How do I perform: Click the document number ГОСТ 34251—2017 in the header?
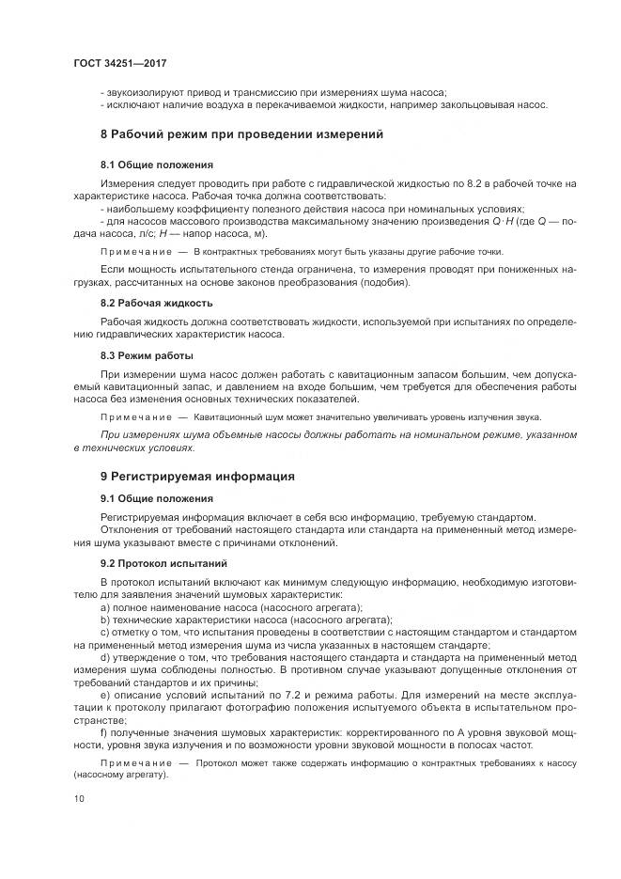119,62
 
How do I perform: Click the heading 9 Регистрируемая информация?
197,476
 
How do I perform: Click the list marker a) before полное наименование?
105,608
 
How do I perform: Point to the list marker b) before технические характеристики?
105,620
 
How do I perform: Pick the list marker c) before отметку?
105,633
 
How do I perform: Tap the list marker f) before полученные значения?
104,730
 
